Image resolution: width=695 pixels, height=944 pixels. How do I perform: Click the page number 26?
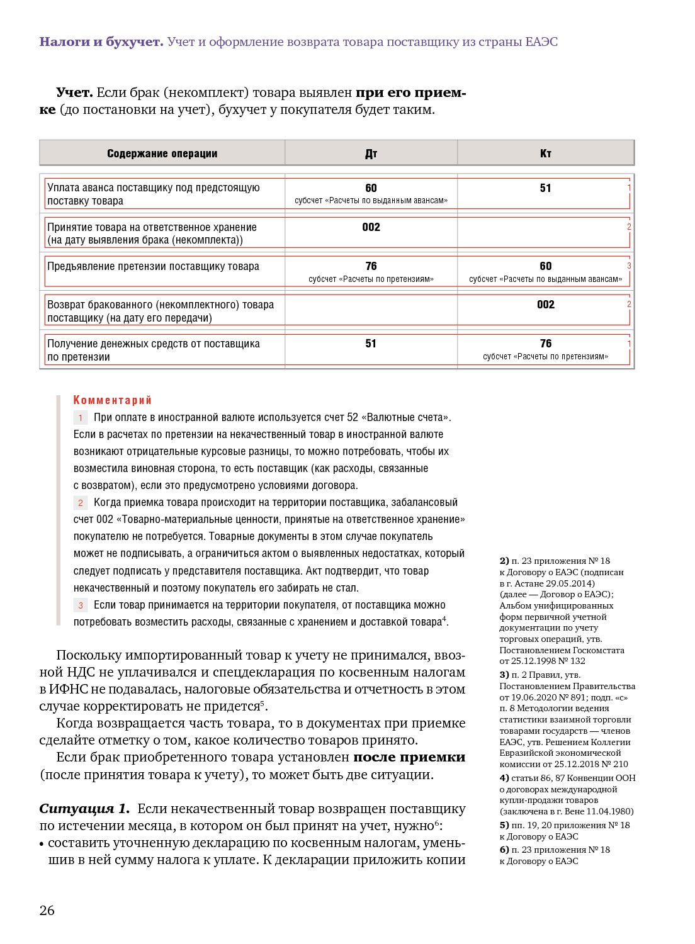coord(47,910)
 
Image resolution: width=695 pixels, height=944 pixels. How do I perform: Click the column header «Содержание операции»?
coord(162,154)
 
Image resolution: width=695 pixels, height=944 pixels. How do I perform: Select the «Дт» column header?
coord(371,154)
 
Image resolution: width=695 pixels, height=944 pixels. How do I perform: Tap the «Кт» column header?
coord(545,154)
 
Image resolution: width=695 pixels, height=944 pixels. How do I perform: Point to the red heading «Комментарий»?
coord(112,400)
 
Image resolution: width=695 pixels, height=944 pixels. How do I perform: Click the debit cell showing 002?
coord(371,227)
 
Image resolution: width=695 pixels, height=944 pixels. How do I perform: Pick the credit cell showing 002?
coord(545,305)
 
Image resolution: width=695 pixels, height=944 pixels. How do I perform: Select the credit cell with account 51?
coord(545,188)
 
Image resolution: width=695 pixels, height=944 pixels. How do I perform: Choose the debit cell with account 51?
coord(371,344)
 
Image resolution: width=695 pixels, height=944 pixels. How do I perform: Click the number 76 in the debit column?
coord(371,266)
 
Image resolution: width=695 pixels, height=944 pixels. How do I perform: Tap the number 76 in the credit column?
coord(545,344)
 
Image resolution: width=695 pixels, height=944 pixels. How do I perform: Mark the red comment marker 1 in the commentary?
coord(81,418)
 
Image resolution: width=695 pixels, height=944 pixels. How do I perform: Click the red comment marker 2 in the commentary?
coord(81,503)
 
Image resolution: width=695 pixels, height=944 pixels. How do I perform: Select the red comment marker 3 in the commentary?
coord(81,605)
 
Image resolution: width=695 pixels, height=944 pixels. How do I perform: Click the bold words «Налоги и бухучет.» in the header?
coord(101,42)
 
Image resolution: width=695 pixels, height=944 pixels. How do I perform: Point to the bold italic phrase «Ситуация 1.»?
coord(84,809)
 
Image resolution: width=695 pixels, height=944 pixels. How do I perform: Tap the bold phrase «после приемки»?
coord(409,757)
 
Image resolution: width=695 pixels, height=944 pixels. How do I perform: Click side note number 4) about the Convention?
coord(504,778)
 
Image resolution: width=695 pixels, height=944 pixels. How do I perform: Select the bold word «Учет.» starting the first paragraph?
coord(74,93)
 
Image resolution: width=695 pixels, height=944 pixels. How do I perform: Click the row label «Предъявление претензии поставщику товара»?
coord(153,266)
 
